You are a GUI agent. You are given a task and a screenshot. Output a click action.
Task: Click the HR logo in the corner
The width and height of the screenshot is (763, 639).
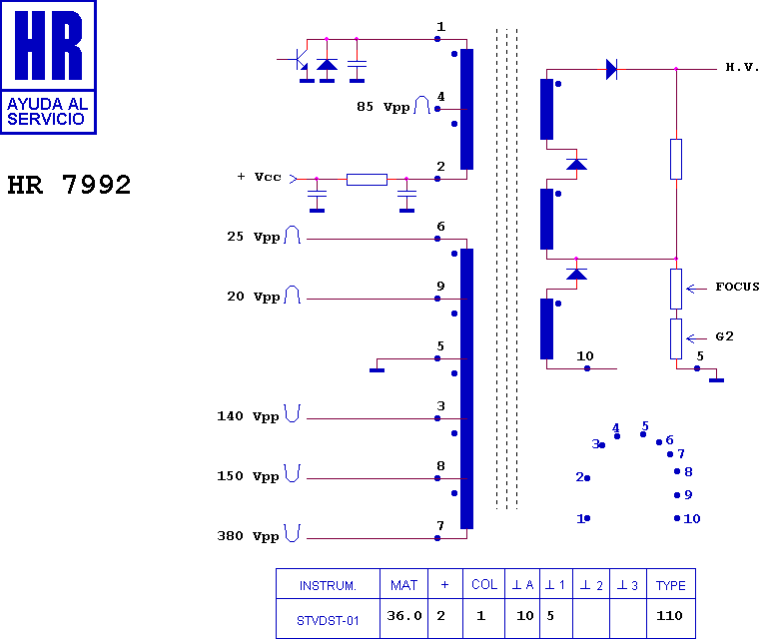48,67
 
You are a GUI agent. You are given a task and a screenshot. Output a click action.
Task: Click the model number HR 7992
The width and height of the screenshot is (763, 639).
69,185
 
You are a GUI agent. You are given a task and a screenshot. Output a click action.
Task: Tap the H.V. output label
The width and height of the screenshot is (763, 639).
742,68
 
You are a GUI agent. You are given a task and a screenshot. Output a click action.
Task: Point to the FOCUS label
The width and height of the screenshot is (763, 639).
737,287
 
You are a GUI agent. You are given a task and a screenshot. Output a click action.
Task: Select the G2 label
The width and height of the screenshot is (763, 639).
725,336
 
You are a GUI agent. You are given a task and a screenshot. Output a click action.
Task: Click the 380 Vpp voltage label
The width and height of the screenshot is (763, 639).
248,536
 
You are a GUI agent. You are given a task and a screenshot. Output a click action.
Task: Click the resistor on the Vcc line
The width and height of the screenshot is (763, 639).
367,180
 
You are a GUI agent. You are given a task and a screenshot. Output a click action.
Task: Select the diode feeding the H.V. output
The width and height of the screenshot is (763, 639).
611,69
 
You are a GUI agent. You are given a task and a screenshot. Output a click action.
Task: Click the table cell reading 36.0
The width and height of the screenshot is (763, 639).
403,616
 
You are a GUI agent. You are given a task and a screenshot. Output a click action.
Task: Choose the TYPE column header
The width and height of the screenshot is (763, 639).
669,584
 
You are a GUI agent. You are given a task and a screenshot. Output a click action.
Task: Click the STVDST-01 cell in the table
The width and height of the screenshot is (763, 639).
327,619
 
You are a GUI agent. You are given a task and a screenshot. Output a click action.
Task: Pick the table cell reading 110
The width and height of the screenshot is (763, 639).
669,616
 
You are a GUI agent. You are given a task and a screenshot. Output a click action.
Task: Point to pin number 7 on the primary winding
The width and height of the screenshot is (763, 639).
440,525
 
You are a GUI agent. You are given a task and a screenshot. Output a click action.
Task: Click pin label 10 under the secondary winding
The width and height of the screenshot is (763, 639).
585,355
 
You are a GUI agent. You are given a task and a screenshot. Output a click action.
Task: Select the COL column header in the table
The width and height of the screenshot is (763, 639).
484,584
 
